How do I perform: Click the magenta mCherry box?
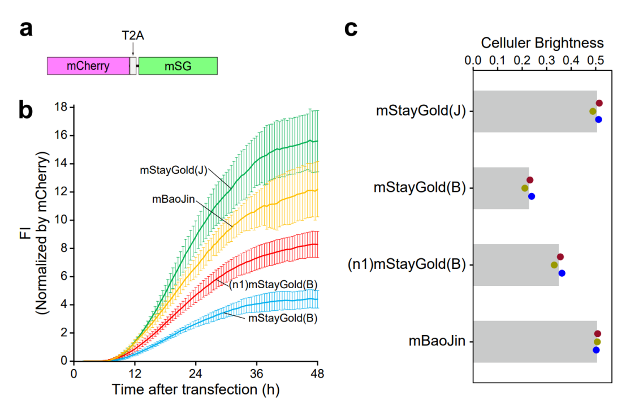(x=88, y=66)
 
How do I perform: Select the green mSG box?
(x=178, y=66)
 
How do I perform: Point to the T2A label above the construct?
(x=133, y=35)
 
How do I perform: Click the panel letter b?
(x=25, y=110)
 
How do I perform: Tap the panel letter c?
(x=351, y=27)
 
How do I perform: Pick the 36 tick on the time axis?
(x=257, y=374)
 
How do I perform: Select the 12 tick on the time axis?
(x=135, y=374)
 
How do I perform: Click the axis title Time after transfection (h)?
(x=195, y=390)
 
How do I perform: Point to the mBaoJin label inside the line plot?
(x=170, y=199)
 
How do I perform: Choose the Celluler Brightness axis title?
(x=542, y=43)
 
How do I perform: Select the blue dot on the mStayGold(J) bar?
(x=598, y=119)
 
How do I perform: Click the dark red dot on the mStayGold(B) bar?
(x=530, y=180)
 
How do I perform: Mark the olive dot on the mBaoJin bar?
(x=597, y=342)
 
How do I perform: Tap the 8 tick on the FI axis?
(x=64, y=248)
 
